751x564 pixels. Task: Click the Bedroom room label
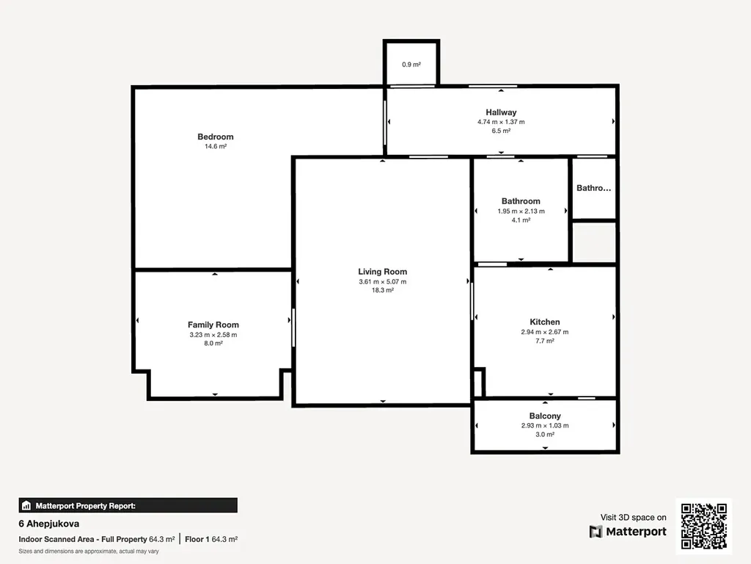216,137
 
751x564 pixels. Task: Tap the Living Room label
383,272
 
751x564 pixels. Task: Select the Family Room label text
213,325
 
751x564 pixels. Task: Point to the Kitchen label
545,322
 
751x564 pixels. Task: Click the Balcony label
545,416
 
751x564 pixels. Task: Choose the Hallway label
501,112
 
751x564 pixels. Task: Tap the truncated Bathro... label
594,188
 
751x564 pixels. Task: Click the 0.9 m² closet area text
411,65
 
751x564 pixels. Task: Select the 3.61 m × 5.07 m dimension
383,281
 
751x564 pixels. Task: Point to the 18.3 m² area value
383,290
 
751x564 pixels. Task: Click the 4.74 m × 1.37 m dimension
501,122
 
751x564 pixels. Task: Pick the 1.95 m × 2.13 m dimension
521,211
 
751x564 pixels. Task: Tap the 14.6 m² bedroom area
216,146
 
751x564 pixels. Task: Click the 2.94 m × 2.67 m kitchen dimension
545,332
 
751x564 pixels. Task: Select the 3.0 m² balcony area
545,435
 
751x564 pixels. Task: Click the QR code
704,526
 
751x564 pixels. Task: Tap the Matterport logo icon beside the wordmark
596,532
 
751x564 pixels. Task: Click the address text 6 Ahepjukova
49,524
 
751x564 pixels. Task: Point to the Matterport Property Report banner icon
26,505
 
